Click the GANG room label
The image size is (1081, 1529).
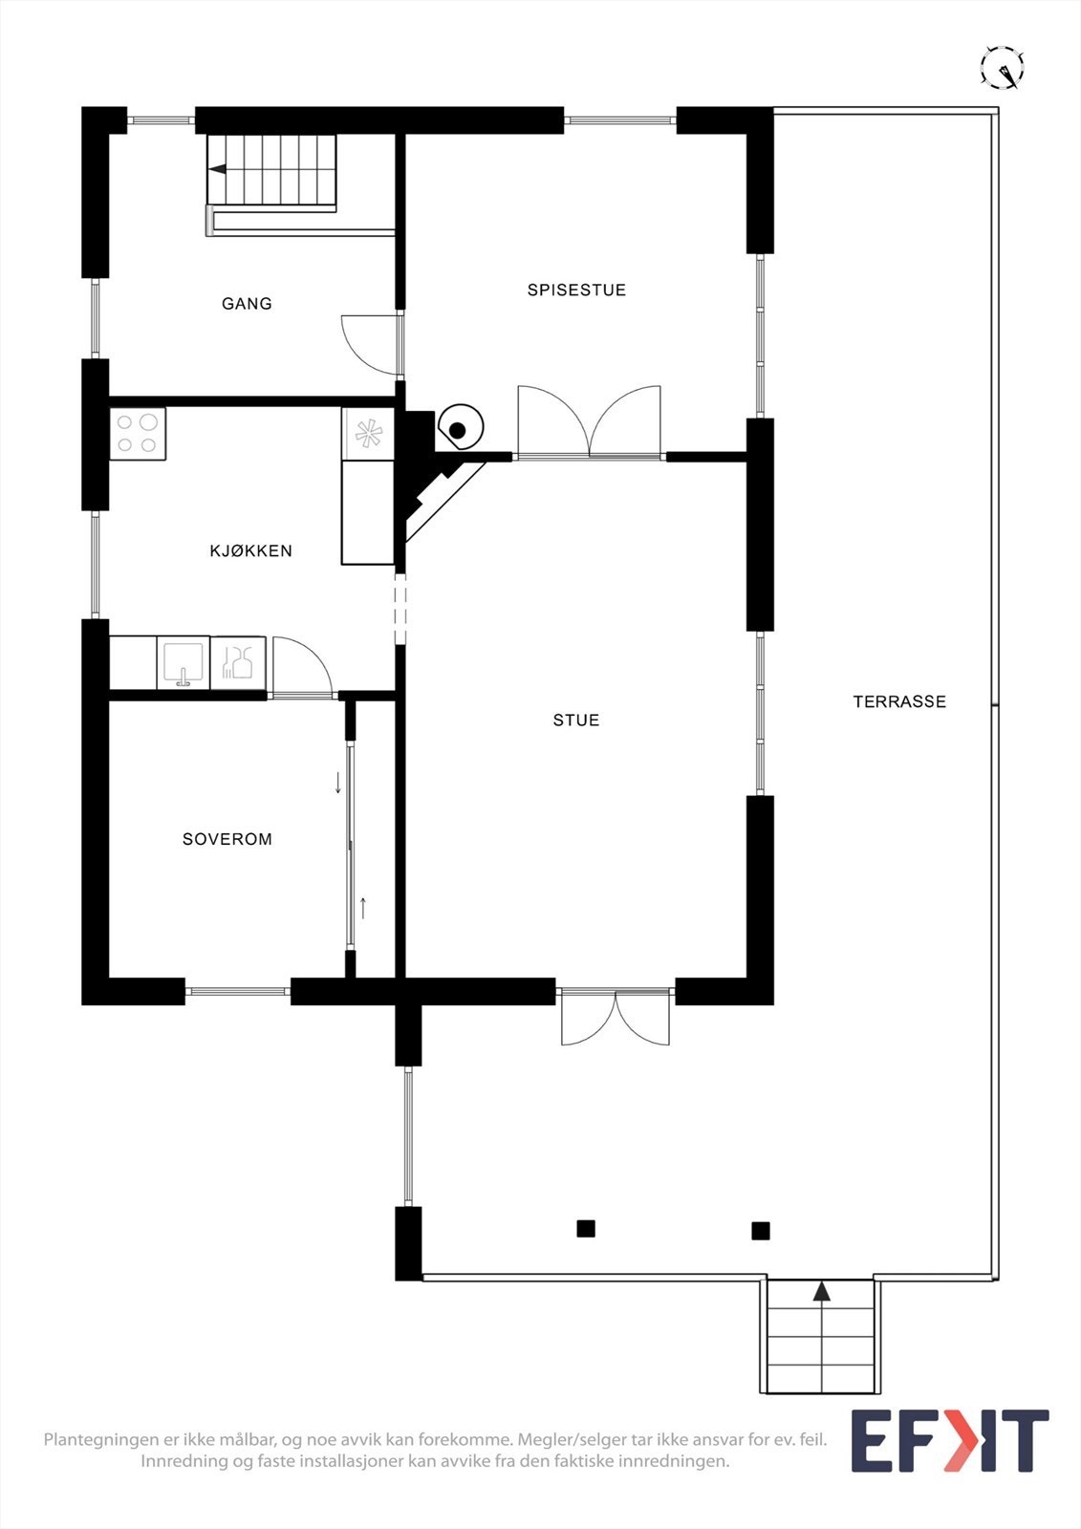tap(247, 304)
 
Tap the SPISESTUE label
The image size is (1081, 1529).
tap(576, 290)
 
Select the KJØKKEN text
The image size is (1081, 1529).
tap(250, 550)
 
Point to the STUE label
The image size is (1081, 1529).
tap(576, 721)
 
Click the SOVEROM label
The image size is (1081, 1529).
tap(227, 839)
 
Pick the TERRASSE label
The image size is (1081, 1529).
tap(899, 701)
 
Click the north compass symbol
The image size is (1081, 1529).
tap(1003, 68)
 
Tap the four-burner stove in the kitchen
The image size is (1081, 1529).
tap(138, 433)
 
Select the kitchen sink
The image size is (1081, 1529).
tap(184, 663)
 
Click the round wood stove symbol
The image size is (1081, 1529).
tap(460, 429)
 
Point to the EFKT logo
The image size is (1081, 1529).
tap(949, 1441)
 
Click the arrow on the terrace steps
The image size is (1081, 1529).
tap(822, 1293)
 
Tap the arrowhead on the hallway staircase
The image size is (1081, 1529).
tap(218, 169)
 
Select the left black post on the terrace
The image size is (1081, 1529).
tap(586, 1229)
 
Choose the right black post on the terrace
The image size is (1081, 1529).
tap(761, 1231)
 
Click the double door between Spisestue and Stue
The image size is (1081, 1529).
tap(590, 424)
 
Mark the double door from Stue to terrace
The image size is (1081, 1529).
tap(616, 1018)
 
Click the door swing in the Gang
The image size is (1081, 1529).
tap(371, 343)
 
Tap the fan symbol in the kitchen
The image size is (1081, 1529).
tap(368, 434)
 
